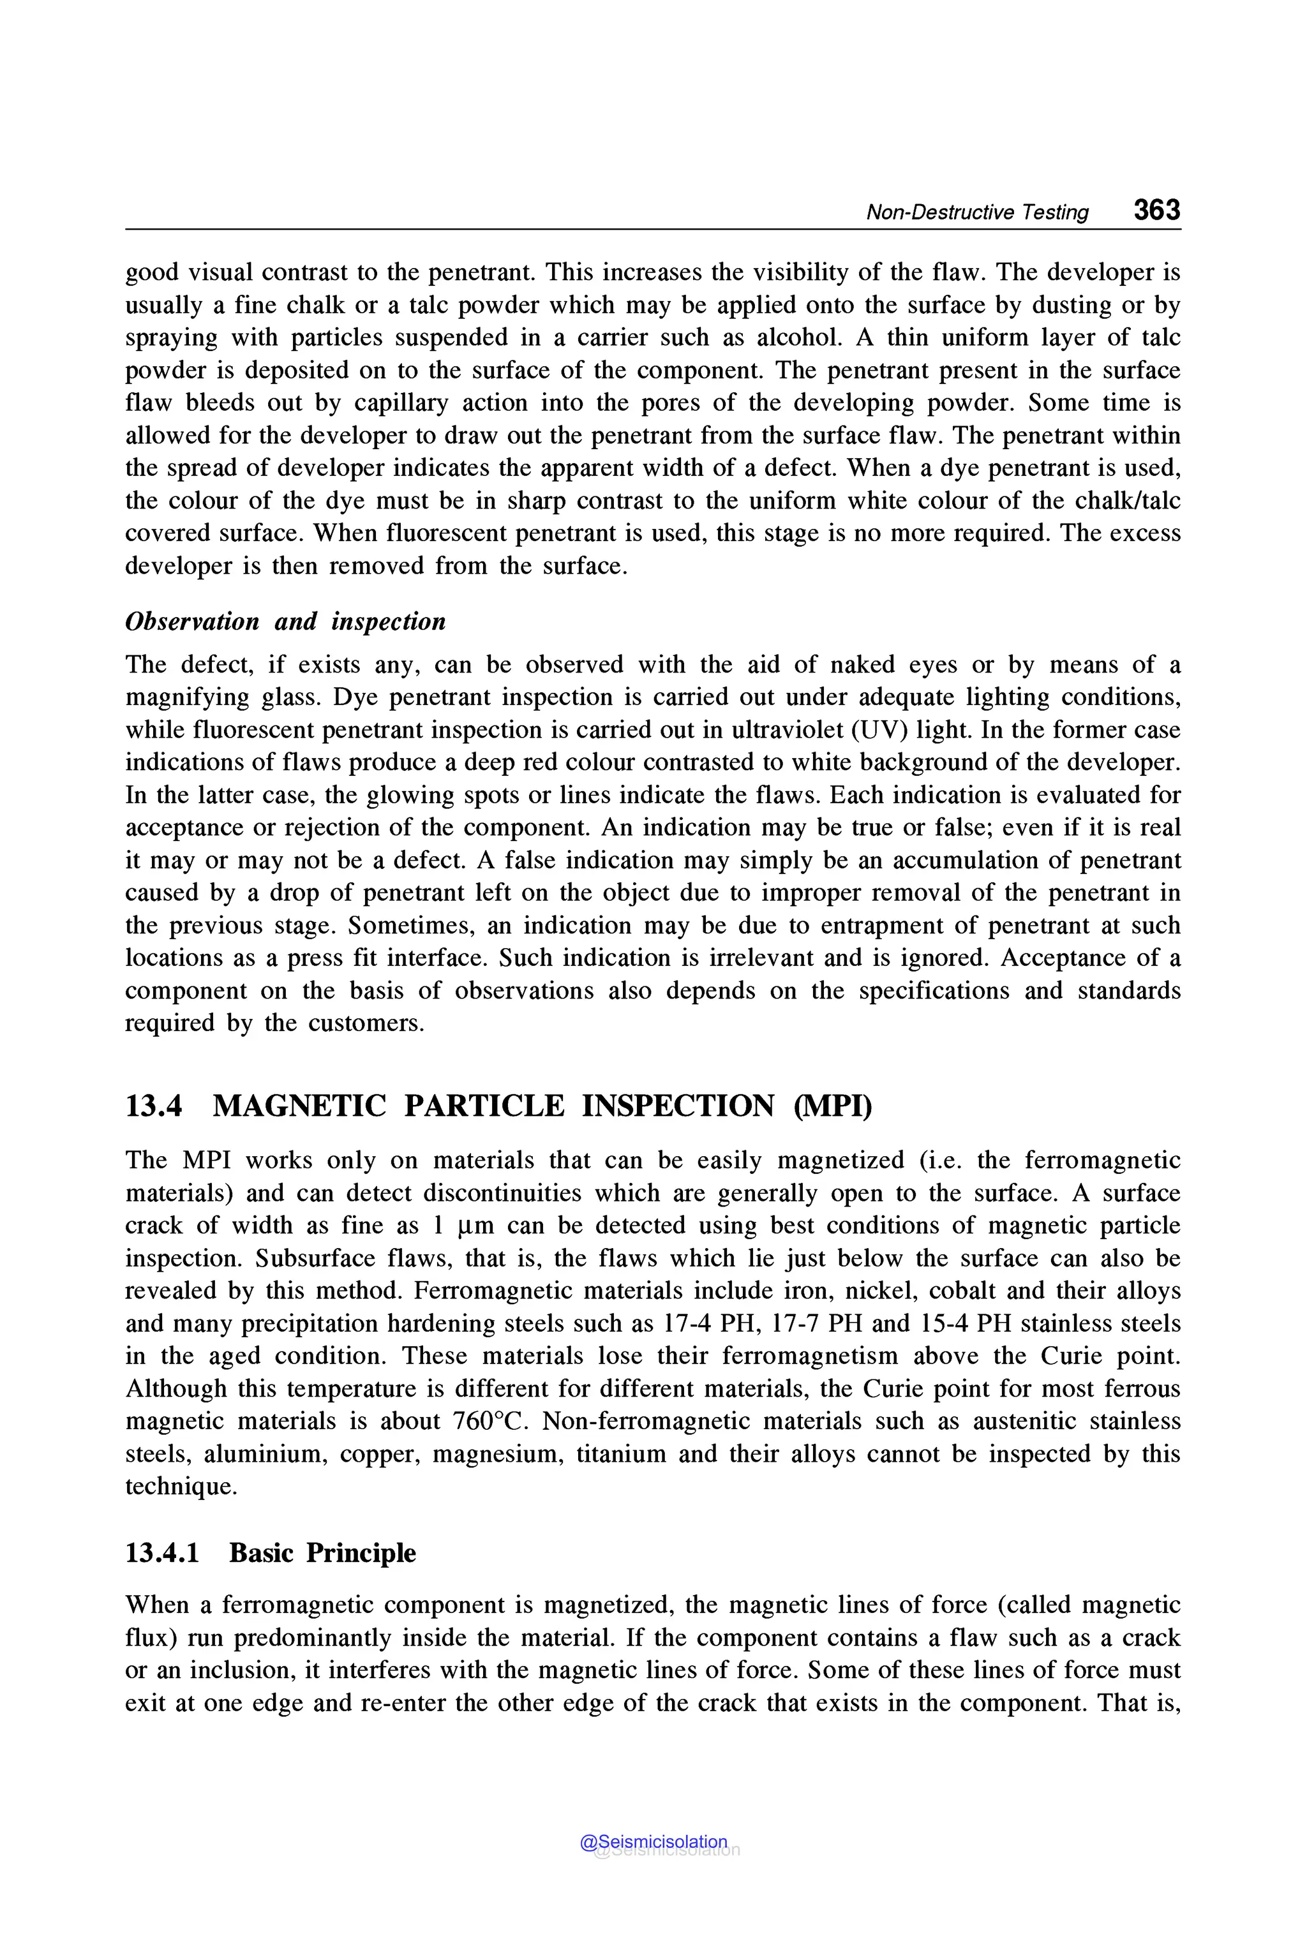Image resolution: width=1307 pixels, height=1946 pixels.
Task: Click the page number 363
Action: pyautogui.click(x=1156, y=209)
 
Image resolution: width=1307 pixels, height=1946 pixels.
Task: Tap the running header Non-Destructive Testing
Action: pyautogui.click(x=977, y=212)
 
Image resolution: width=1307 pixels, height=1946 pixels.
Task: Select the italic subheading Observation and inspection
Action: pyautogui.click(x=285, y=621)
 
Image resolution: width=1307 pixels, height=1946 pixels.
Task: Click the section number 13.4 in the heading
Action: pyautogui.click(x=153, y=1106)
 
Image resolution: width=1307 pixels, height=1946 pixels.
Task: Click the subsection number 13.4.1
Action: pyautogui.click(x=163, y=1552)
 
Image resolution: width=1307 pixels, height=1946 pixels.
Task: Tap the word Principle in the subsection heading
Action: pyautogui.click(x=361, y=1552)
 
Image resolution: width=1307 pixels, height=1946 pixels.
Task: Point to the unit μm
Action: pyautogui.click(x=475, y=1226)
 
